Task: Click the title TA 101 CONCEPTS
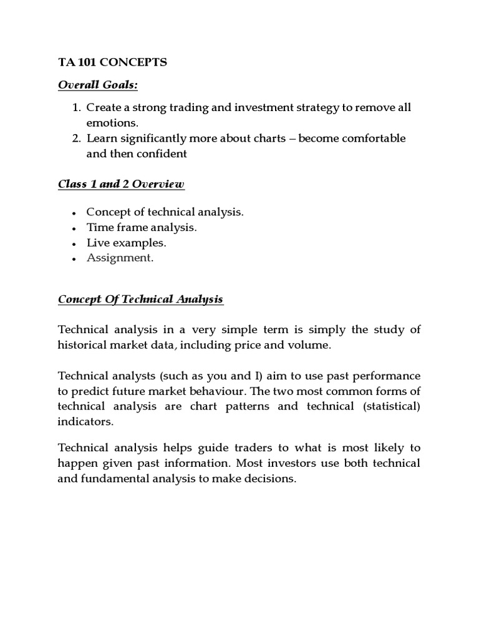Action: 112,62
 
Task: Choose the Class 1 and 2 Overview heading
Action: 121,184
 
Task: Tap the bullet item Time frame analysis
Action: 141,228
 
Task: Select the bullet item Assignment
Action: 119,258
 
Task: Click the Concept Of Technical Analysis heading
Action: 140,300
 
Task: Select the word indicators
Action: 85,422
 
